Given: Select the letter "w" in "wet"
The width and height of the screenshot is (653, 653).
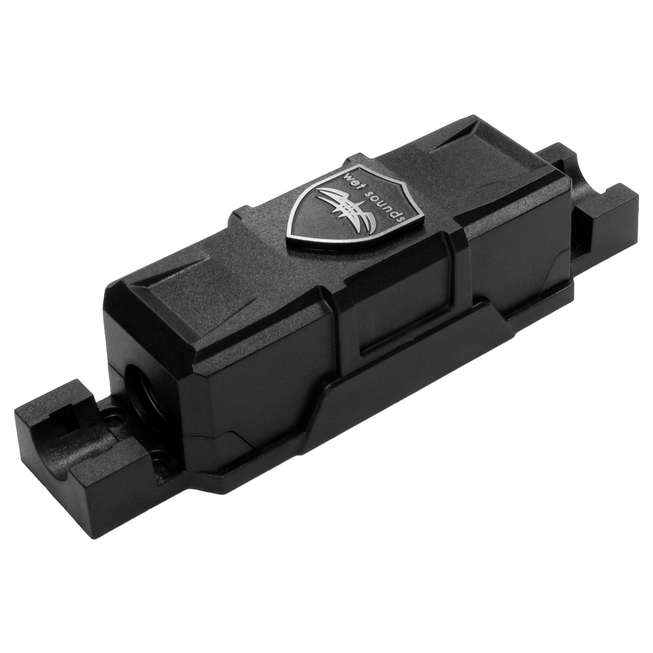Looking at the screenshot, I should (346, 173).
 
